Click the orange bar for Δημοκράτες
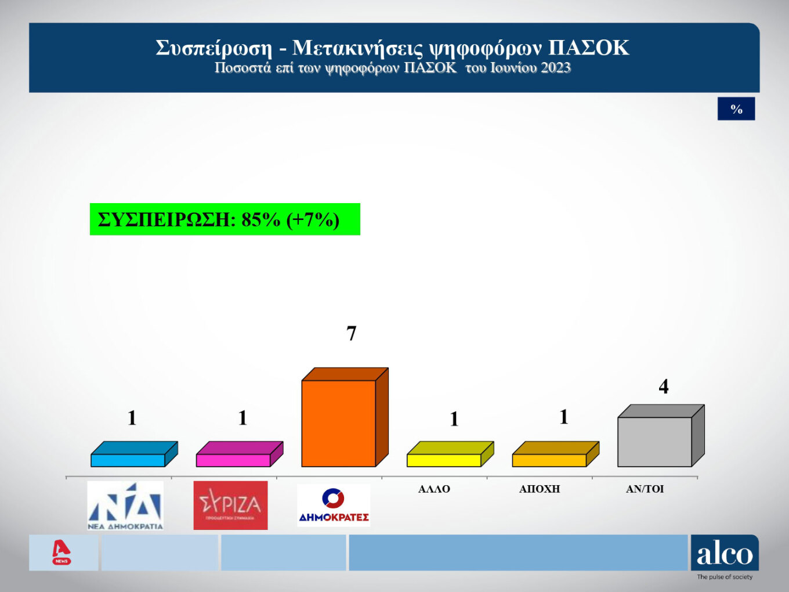339,423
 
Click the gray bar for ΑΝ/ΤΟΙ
654,441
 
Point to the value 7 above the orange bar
351,333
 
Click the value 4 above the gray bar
664,387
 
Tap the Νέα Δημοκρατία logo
125,506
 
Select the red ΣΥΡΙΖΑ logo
230,505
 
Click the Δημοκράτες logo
334,506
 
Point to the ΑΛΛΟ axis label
434,489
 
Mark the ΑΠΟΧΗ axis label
540,489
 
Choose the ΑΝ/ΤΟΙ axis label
645,489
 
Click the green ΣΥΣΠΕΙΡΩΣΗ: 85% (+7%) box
225,219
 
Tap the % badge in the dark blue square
736,109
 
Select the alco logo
725,554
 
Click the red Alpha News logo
61,552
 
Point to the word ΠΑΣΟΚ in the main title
588,48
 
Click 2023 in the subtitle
555,68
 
